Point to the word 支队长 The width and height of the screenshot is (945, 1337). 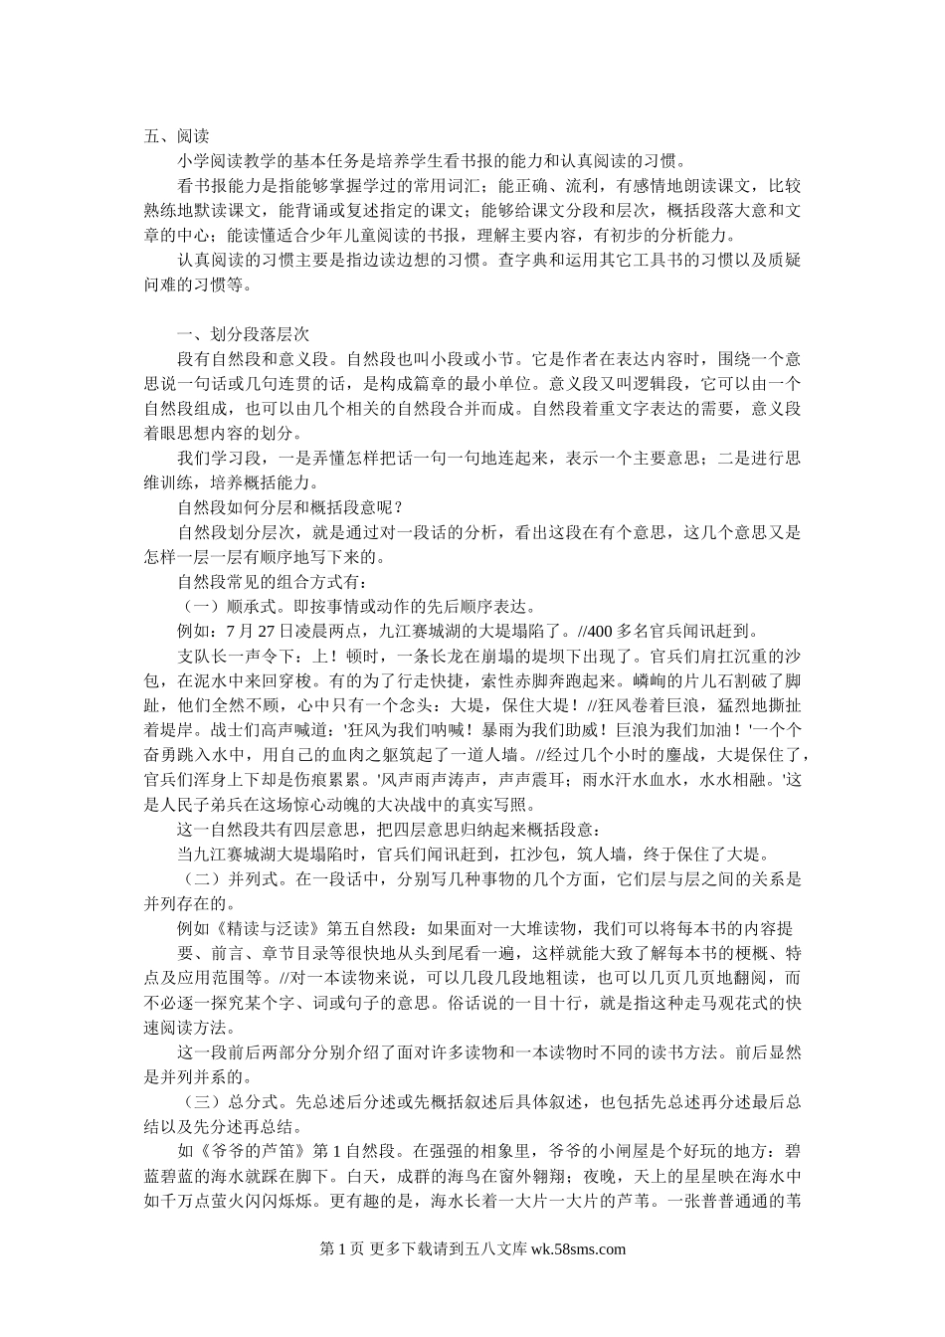tap(202, 656)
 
